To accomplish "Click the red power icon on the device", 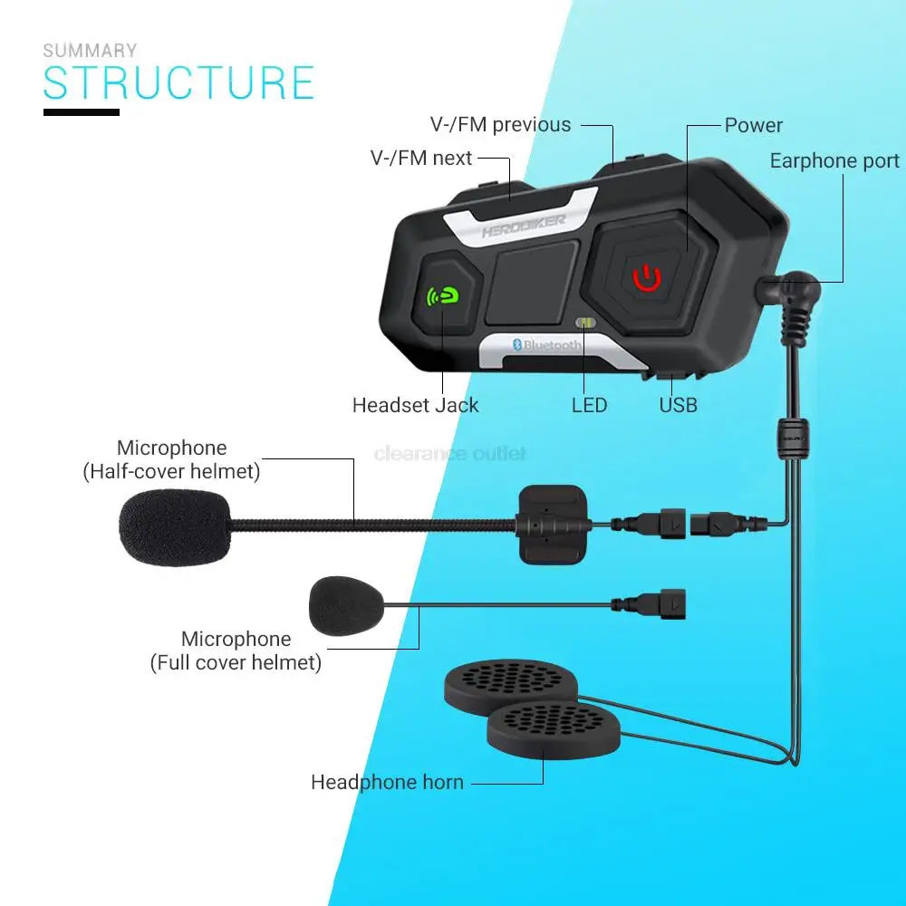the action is pos(647,277).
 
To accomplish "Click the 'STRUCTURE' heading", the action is pos(178,82).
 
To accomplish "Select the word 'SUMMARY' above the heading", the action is pos(91,51).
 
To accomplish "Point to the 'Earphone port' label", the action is pos(834,161).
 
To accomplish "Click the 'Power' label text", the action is pos(753,126).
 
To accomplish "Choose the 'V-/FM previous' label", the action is pos(500,125).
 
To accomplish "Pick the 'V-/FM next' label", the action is pos(421,159).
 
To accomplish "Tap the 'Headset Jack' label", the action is pos(415,405).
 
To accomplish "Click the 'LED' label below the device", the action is pos(589,405).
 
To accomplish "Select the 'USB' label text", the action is pos(678,405).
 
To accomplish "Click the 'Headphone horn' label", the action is pos(387,782).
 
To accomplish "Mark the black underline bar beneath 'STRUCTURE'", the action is pos(82,112).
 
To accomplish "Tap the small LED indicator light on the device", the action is pos(585,323).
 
